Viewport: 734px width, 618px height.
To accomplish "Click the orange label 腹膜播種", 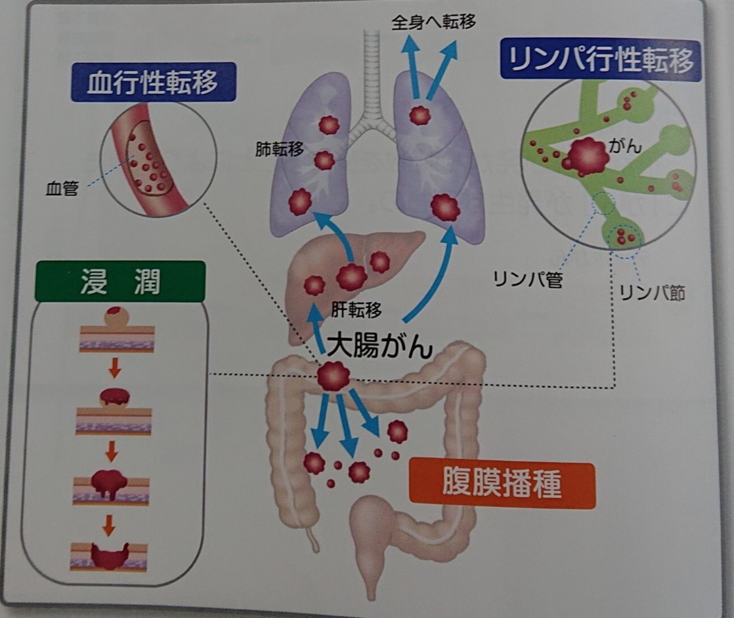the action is click(x=502, y=485).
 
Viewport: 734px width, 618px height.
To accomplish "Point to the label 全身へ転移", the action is click(x=433, y=22).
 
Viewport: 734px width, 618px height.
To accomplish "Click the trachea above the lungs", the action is click(x=373, y=79).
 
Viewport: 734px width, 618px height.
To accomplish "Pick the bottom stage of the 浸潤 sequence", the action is click(x=110, y=556).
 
